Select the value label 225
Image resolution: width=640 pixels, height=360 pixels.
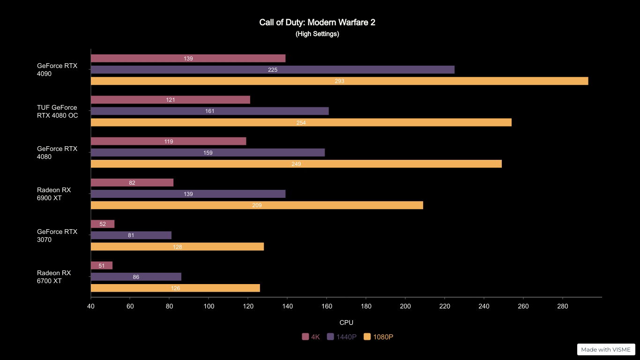273,70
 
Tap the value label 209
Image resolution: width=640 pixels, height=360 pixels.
257,205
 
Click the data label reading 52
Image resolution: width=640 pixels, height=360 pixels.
103,224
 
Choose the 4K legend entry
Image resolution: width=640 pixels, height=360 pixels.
311,337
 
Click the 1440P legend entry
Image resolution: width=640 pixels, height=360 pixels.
342,337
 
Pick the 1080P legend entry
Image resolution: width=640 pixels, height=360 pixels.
379,337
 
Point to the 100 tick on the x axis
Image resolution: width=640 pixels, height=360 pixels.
208,307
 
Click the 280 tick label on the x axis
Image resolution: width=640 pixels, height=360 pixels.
562,307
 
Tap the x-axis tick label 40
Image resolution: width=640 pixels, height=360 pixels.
91,307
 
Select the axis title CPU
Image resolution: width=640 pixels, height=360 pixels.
346,322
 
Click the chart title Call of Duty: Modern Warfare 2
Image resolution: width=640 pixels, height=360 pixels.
317,22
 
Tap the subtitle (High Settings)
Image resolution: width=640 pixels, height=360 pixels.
317,34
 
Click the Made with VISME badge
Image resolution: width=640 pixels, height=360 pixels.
606,350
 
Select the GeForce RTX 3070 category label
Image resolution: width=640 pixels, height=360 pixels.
57,235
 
